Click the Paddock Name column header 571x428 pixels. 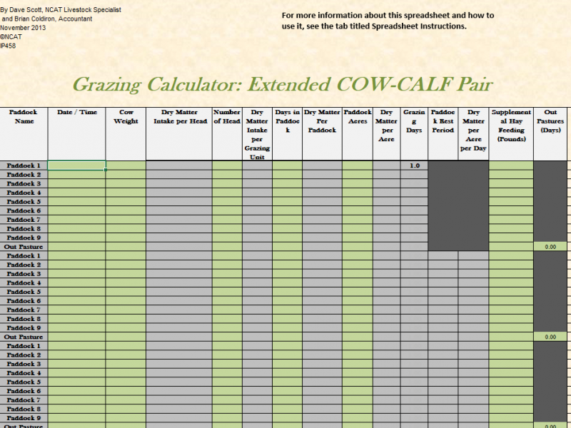[24, 116]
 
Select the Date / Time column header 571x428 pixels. [76, 112]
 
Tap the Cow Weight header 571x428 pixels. [126, 116]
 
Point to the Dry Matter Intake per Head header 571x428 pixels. [178, 116]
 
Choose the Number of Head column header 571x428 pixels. [227, 116]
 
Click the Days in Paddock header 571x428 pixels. [287, 121]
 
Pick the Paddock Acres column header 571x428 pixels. [357, 116]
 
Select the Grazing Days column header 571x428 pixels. [414, 121]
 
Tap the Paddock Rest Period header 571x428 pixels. [443, 121]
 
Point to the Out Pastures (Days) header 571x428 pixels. [550, 121]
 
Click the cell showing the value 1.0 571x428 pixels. [414, 165]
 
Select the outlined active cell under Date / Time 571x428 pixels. [76, 165]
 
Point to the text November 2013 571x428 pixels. [23, 27]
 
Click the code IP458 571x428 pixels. [8, 46]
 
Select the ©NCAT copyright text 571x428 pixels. [11, 36]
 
